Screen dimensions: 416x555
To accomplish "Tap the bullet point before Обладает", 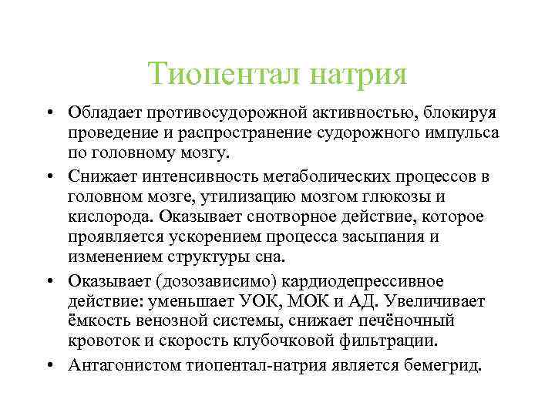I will [x=48, y=113].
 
